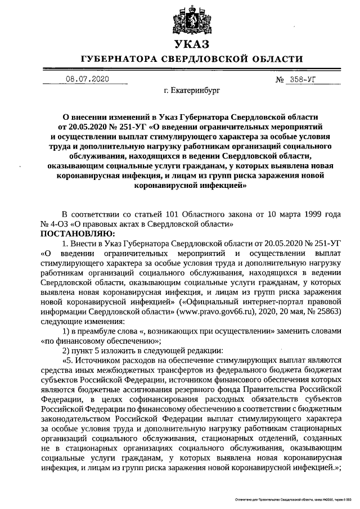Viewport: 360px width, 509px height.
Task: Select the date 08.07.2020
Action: coord(87,79)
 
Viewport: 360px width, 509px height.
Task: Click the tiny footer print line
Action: coord(290,500)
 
